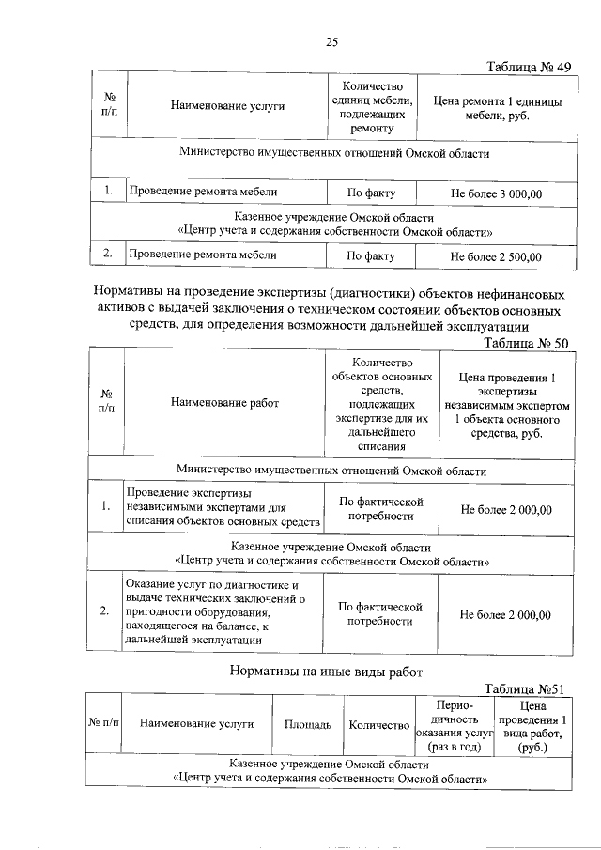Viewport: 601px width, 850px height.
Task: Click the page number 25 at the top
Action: (331, 40)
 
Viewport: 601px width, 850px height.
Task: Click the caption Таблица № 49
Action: (529, 67)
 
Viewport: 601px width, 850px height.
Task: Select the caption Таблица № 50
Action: (526, 343)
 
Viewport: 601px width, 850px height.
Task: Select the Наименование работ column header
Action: (225, 403)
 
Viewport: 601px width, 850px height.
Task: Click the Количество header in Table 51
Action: (378, 725)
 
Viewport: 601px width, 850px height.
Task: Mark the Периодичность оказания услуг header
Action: (455, 725)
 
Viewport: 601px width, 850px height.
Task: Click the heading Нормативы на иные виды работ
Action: (327, 671)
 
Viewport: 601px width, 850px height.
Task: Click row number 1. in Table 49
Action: (108, 193)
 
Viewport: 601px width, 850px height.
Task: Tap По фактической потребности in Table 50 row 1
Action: (380, 508)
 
